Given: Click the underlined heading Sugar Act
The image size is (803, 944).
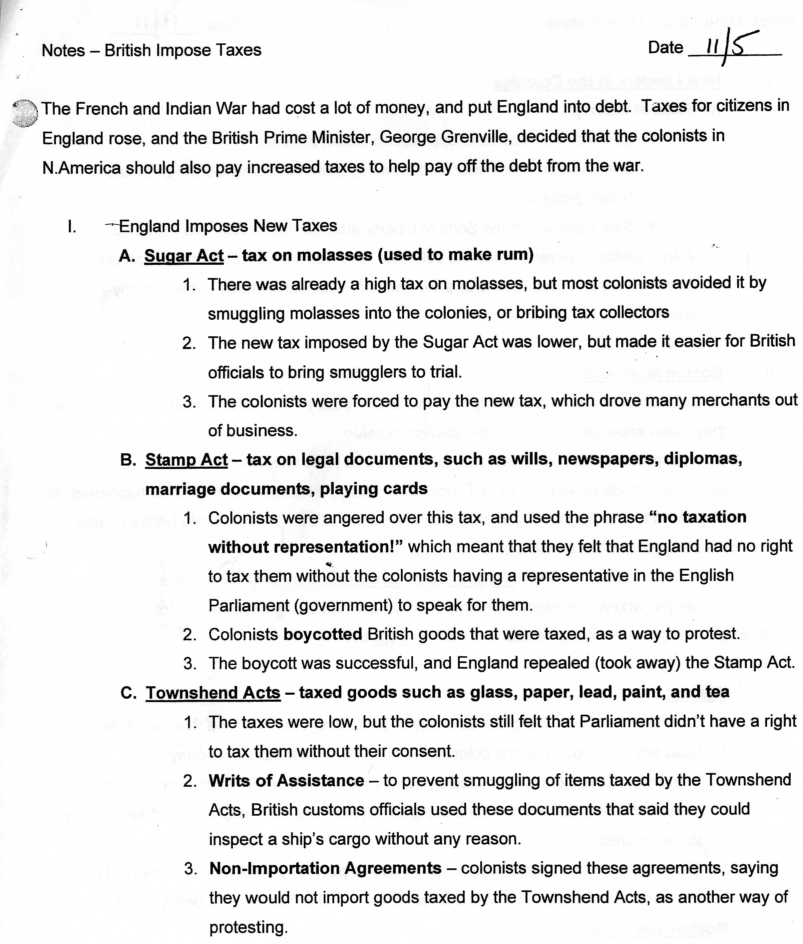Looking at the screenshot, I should (184, 256).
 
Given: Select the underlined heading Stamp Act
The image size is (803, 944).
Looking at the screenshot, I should (186, 460).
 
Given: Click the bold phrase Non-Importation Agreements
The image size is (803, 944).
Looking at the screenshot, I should (325, 868).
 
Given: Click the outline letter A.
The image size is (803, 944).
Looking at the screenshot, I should (127, 256).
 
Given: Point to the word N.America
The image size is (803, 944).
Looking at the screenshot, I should (81, 168).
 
